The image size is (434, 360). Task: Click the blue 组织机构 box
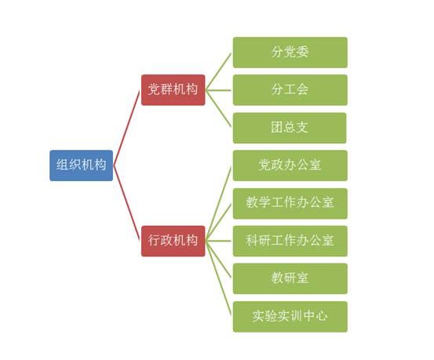[81, 165]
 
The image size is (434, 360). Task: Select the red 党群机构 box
[173, 90]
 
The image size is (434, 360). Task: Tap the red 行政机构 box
[173, 241]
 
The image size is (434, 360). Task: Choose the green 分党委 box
[290, 53]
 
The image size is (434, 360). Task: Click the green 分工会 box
[290, 90]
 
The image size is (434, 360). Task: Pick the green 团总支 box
[290, 128]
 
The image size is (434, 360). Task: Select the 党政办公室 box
[290, 165]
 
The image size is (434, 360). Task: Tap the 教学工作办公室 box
[290, 203]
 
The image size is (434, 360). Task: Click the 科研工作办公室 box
[290, 241]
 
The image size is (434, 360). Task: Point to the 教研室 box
[290, 278]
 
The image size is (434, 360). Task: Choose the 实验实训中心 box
[290, 317]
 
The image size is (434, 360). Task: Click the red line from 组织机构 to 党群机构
[127, 128]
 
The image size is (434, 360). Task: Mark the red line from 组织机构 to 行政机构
[127, 203]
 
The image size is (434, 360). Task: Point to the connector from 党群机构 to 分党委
[218, 71]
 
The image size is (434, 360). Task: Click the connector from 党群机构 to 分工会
[218, 90]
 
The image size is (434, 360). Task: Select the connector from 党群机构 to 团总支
[218, 109]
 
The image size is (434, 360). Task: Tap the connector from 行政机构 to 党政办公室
[218, 203]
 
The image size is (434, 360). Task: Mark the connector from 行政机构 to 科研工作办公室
[218, 241]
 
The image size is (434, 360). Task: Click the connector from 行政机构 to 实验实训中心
[218, 278]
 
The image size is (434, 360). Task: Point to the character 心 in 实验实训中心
[322, 316]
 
